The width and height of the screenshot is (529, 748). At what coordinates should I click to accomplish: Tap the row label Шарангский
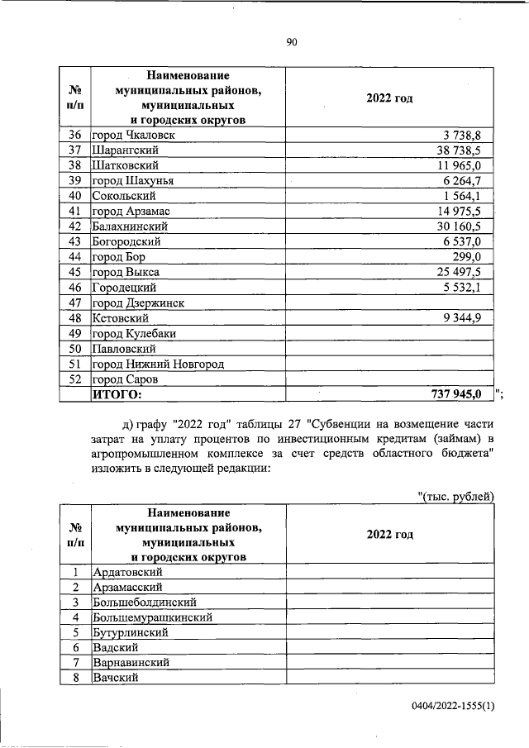point(125,150)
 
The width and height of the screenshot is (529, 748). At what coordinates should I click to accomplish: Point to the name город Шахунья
point(133,180)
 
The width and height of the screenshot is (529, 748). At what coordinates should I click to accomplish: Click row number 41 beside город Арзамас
point(74,211)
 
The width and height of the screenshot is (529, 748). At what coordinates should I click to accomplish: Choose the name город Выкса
point(126,272)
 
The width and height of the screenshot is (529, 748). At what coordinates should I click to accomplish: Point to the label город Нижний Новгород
point(158,364)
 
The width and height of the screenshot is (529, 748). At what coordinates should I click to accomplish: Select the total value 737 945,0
point(456,394)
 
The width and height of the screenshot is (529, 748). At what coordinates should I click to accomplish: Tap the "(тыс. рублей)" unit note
point(456,496)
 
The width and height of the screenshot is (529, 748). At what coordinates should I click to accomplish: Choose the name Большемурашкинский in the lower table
point(153,617)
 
